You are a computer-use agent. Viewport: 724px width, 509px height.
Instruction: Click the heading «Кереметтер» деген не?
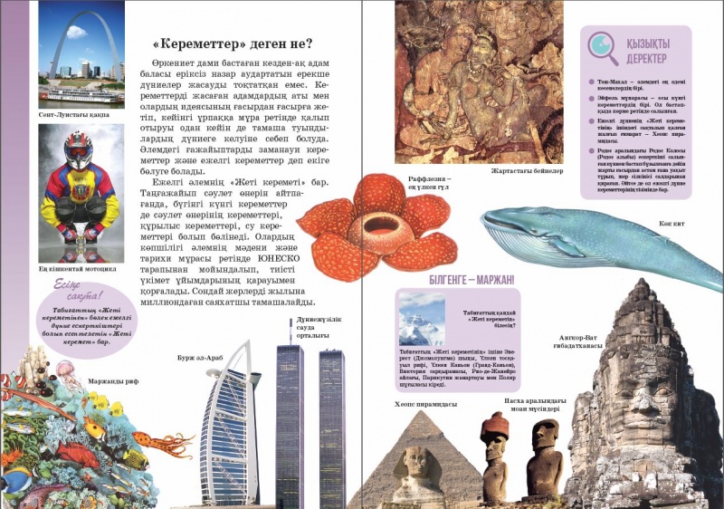[232, 43]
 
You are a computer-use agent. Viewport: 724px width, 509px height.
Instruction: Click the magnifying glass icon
[601, 47]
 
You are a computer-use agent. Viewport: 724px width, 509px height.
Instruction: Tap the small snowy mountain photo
[421, 318]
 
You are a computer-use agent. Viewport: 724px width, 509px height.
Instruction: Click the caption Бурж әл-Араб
[203, 357]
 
